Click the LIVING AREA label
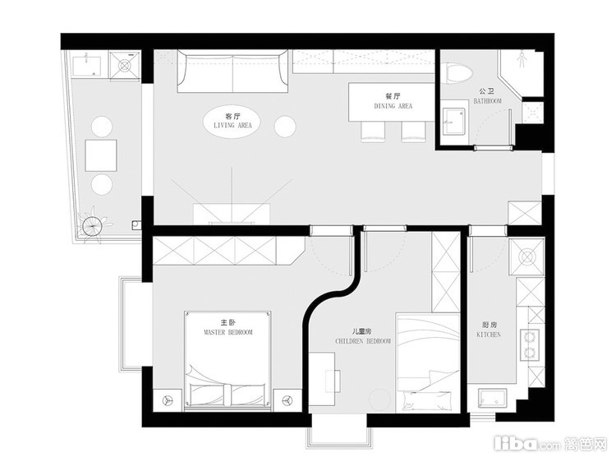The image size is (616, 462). (232, 126)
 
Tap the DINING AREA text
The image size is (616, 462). (393, 106)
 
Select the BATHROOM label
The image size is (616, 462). (488, 101)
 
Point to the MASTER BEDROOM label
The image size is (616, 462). (228, 332)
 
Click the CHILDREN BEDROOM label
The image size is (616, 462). (363, 341)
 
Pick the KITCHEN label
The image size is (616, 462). (489, 335)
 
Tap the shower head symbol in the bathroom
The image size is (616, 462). (522, 58)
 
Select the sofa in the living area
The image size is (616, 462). (232, 72)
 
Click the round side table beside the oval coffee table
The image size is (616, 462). (285, 127)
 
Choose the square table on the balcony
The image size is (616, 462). (101, 155)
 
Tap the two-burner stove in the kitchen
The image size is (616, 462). (530, 345)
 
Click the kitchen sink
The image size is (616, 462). (492, 400)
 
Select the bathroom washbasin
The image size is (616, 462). (453, 122)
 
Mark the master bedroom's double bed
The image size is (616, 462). (228, 361)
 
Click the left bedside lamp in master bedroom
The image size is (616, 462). (168, 400)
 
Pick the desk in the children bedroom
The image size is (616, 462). (322, 379)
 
